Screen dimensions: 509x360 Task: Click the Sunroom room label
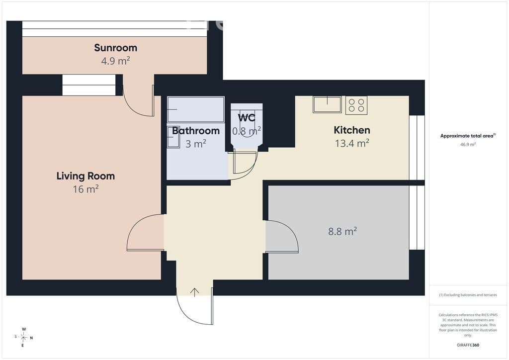coord(115,48)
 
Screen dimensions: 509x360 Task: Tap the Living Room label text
coord(85,176)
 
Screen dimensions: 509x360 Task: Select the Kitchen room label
coord(352,130)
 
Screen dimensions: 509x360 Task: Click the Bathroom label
coord(196,131)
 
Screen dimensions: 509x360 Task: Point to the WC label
coord(247,117)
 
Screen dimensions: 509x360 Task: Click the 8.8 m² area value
coord(342,231)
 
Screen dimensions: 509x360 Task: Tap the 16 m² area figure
coord(85,189)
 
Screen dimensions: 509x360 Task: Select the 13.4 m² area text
coord(352,143)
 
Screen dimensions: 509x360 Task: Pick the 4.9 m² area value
coord(115,61)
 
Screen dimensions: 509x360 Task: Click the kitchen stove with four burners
coord(356,105)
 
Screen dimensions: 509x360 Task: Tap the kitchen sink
coord(327,104)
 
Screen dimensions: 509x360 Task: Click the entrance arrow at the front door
coord(194,292)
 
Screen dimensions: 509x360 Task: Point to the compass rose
coord(24,338)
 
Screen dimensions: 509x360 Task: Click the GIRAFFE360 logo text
coord(468,345)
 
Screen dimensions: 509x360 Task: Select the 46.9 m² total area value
coord(468,145)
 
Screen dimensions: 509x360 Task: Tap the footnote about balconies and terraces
coord(468,295)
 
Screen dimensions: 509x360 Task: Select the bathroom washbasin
coord(173,137)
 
